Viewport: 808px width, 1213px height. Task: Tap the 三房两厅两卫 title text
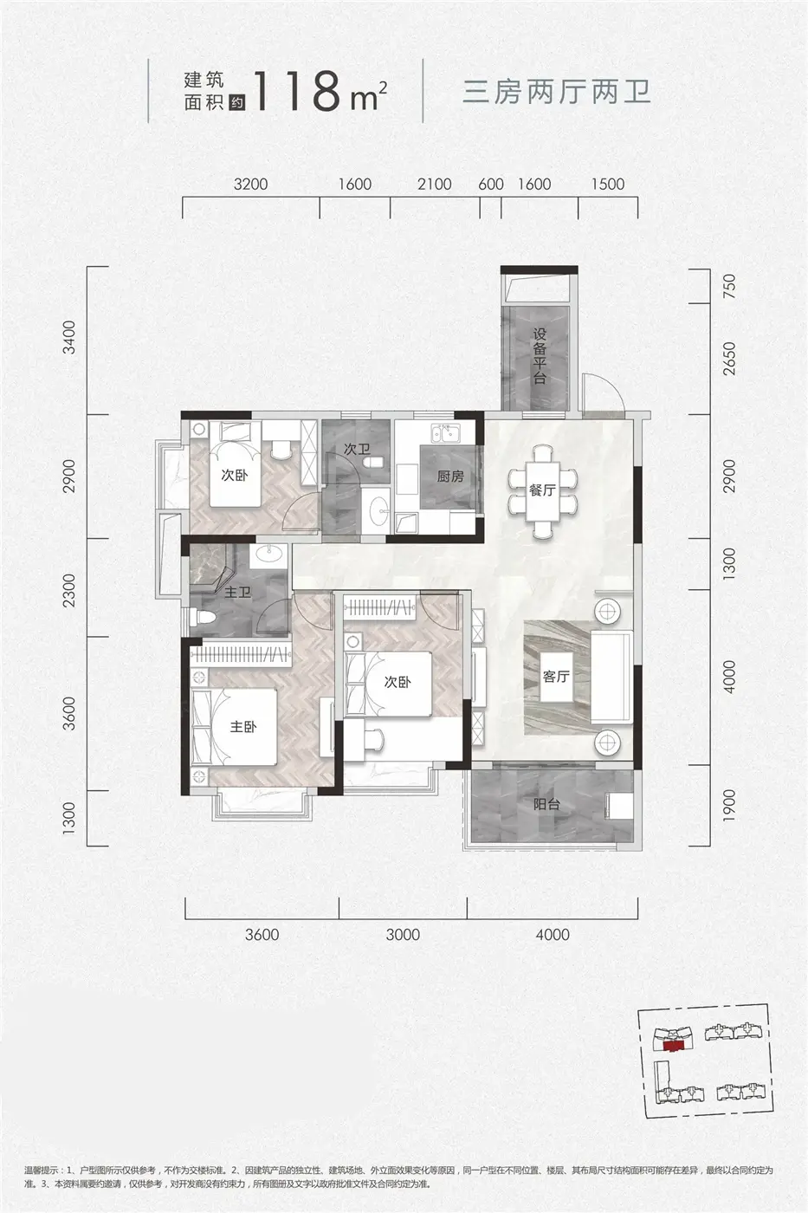click(556, 92)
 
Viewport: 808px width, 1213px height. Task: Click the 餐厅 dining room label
click(542, 490)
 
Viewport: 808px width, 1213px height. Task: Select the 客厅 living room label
click(556, 677)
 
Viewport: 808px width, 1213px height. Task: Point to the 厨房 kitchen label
click(450, 477)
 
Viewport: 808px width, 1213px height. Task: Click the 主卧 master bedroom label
click(243, 727)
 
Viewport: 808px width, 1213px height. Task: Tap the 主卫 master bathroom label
click(238, 593)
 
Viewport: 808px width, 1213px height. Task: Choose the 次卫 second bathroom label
click(357, 449)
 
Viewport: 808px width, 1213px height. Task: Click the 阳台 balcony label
click(546, 805)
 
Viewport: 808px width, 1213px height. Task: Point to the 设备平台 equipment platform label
click(539, 356)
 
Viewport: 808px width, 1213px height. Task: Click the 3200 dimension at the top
click(250, 184)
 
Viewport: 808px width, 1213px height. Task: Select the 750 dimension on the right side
click(729, 287)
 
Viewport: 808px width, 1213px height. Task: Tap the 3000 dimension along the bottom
click(404, 935)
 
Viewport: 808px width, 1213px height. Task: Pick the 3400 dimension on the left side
click(69, 337)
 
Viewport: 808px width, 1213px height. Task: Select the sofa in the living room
click(611, 677)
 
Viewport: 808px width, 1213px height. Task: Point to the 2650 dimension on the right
click(729, 358)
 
